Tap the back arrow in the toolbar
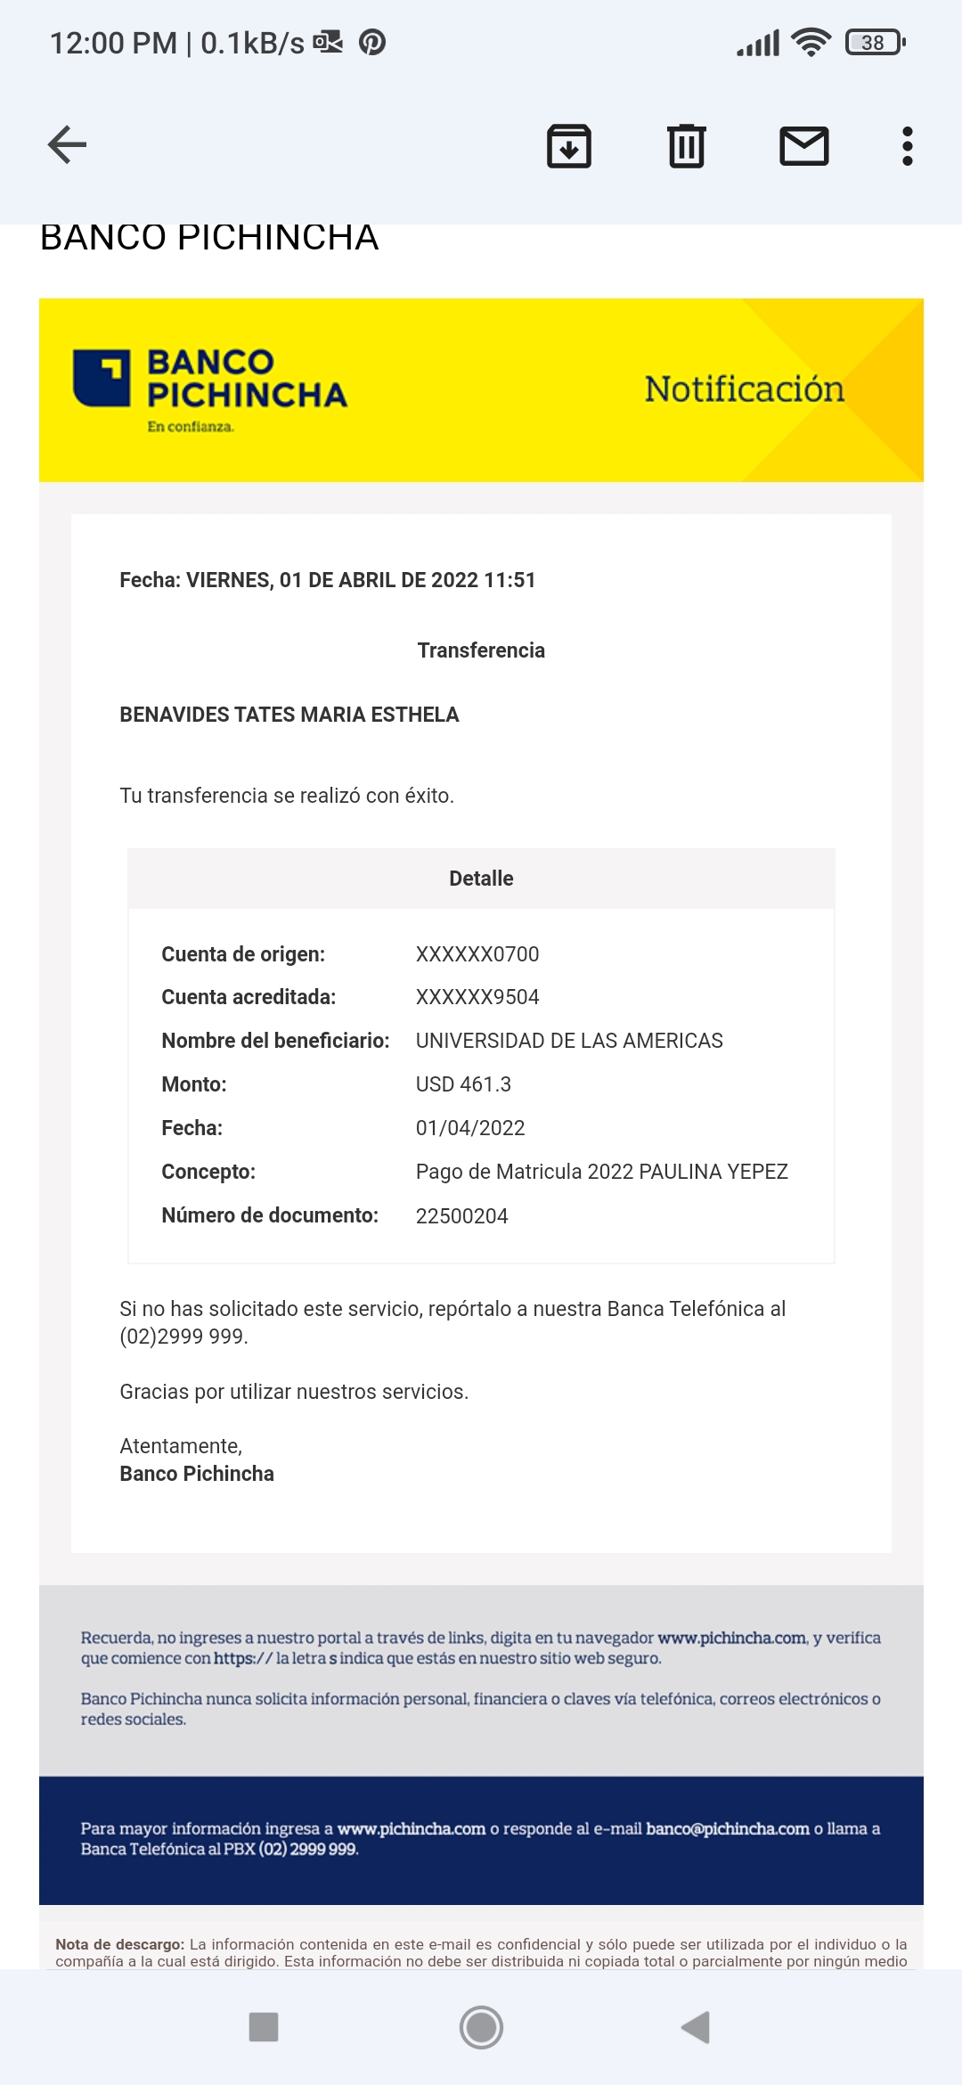tap(68, 145)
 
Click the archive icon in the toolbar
tap(568, 146)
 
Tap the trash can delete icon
tap(686, 146)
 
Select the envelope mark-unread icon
tap(803, 146)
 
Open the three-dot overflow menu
tap(907, 146)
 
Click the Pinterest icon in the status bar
tap(372, 43)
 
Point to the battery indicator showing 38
tap(875, 43)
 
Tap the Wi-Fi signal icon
tap(811, 43)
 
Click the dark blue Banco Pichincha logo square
tap(102, 378)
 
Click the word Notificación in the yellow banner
tap(744, 389)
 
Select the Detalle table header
tap(481, 879)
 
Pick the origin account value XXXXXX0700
tap(477, 954)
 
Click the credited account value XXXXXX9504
tap(477, 997)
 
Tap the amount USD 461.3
tap(463, 1084)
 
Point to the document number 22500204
tap(461, 1216)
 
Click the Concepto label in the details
tap(208, 1172)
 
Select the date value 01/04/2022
tap(470, 1128)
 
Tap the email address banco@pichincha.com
tap(727, 1828)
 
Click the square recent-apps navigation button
tap(264, 2027)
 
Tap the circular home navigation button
tap(481, 2027)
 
